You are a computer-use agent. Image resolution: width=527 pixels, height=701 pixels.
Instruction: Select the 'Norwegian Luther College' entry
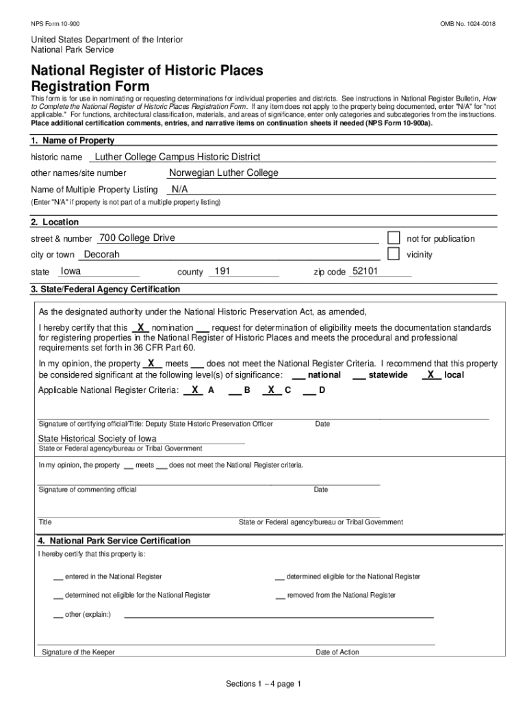click(x=224, y=173)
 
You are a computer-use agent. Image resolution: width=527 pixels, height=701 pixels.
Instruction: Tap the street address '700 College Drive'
click(x=137, y=238)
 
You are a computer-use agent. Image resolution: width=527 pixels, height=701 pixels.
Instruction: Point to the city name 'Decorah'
click(x=101, y=254)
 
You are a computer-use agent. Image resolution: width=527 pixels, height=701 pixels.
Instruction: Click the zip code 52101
click(x=365, y=271)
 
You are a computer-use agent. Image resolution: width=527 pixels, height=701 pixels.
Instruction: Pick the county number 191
click(x=222, y=271)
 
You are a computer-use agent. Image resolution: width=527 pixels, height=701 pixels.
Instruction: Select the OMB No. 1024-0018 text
click(x=467, y=25)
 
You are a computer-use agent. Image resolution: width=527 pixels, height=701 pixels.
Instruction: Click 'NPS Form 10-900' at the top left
click(x=55, y=25)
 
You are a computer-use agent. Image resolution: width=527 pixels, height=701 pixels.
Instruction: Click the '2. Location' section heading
click(x=55, y=222)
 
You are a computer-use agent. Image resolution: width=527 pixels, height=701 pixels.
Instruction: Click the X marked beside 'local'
click(x=430, y=374)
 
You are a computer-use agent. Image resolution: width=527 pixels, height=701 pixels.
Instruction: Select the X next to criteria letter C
click(x=272, y=390)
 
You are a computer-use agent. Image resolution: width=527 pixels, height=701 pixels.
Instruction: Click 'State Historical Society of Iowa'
click(x=97, y=438)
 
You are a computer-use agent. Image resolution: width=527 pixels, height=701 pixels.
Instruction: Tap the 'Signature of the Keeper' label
click(x=78, y=652)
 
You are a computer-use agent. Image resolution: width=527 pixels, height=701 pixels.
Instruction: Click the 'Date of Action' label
click(x=337, y=652)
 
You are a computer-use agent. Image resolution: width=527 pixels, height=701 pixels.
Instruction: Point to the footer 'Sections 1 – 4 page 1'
click(x=263, y=684)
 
